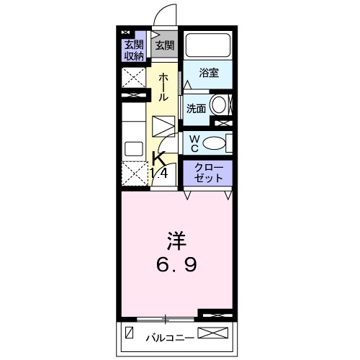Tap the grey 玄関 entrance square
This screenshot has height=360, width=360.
pos(164,45)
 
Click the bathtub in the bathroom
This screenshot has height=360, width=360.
pos(207,45)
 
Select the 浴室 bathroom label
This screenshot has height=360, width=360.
pos(208,73)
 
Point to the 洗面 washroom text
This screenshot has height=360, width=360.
pos(197,109)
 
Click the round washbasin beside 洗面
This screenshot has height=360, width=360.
pos(220,104)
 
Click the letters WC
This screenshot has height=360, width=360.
pos(194,143)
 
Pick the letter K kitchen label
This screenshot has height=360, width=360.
pos(158,159)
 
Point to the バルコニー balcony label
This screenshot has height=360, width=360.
pos(168,336)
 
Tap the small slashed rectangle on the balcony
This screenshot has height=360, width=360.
pos(130,334)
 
